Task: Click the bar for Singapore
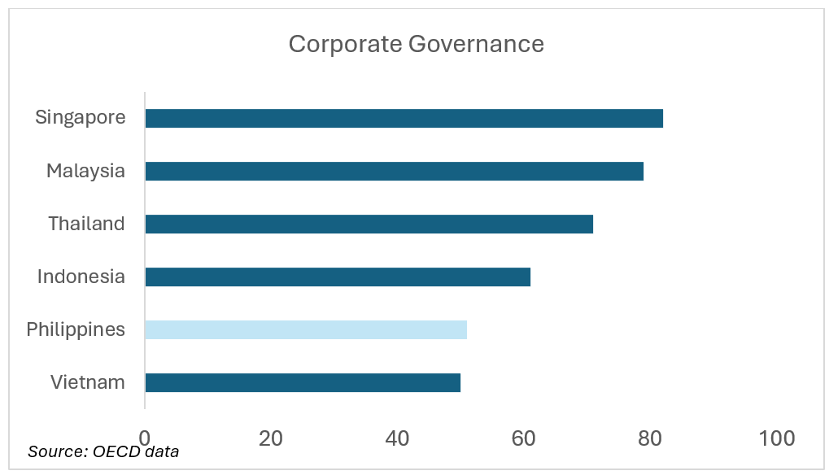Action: (404, 118)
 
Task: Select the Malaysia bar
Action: (394, 171)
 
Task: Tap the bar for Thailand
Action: (369, 224)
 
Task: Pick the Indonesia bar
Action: (338, 277)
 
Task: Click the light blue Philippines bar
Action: (306, 329)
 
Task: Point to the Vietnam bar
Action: (303, 382)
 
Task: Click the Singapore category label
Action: (81, 117)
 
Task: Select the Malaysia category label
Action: (85, 171)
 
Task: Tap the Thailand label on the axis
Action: (86, 224)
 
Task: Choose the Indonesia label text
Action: (81, 277)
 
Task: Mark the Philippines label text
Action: (76, 329)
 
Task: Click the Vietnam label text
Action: (87, 382)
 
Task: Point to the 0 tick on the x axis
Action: (145, 438)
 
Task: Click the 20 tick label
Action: (271, 438)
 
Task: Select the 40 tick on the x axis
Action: (397, 438)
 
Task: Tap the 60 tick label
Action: (523, 438)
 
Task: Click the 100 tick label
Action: (776, 438)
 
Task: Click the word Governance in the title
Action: (476, 44)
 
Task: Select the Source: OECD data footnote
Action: (103, 451)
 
